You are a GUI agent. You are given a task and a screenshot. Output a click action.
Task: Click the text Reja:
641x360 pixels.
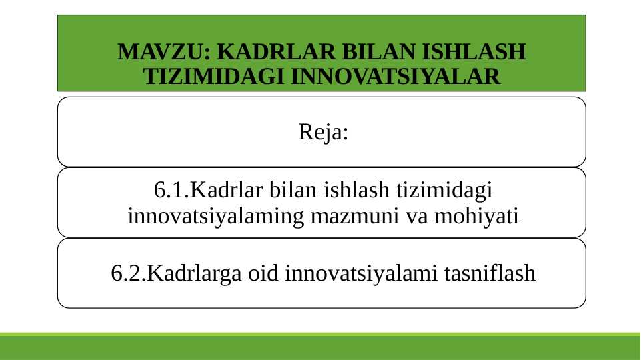pyautogui.click(x=323, y=132)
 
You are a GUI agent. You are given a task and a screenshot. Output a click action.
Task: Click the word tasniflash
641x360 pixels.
pyautogui.click(x=489, y=273)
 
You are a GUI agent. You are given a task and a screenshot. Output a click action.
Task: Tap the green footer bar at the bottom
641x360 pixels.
pyautogui.click(x=320, y=347)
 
